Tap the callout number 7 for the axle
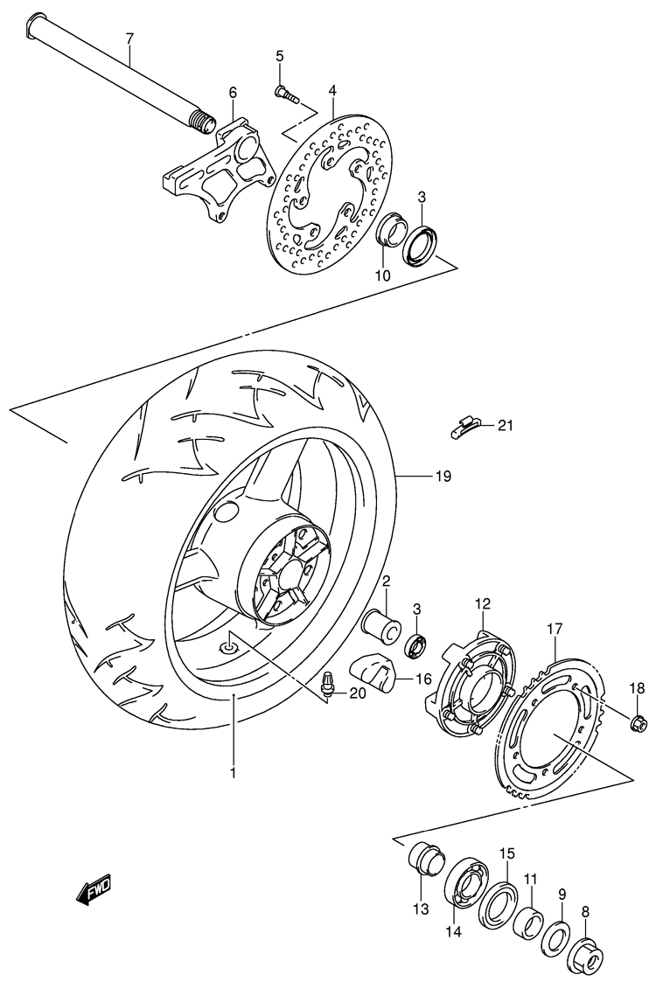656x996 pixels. (129, 38)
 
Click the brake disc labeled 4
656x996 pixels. (329, 194)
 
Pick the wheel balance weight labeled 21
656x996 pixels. (464, 428)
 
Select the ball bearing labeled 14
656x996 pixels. (468, 884)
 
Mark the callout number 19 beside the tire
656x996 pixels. (443, 476)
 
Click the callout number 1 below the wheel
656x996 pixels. (233, 773)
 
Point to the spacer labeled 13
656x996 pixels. (422, 858)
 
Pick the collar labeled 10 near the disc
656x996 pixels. (389, 229)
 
